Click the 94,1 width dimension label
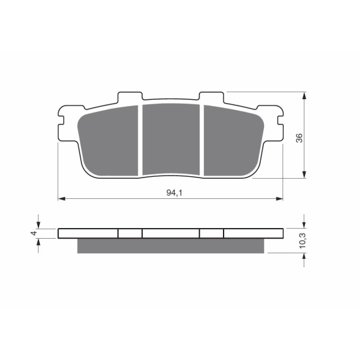(x=174, y=193)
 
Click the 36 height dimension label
(x=299, y=138)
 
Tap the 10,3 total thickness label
(x=303, y=241)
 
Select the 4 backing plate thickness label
(x=34, y=233)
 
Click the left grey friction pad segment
(x=108, y=140)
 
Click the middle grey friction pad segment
(x=171, y=140)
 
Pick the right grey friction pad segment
(x=234, y=140)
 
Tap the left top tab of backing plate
(x=130, y=96)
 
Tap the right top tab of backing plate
(x=211, y=96)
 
